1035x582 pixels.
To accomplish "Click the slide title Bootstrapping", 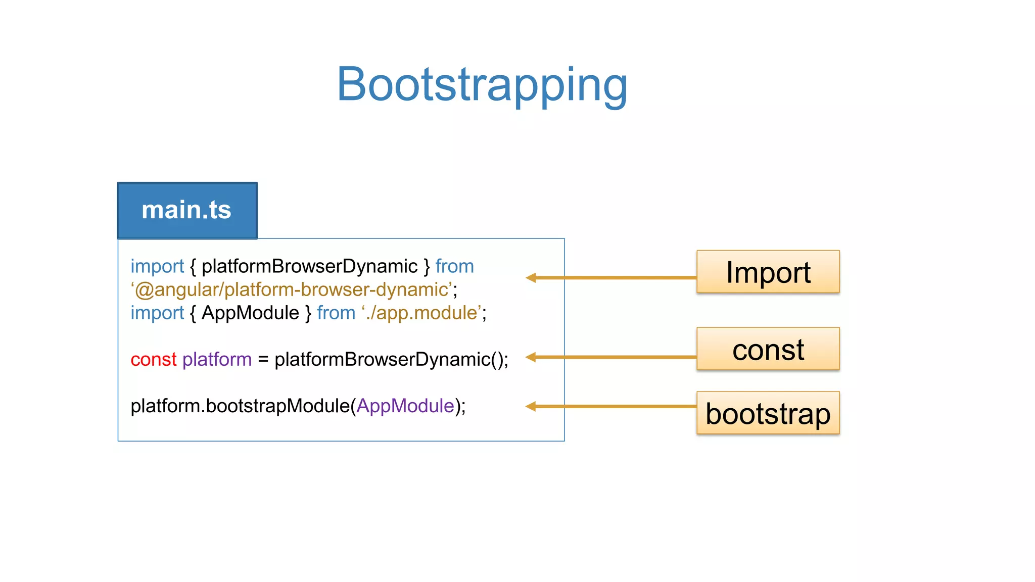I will point(482,85).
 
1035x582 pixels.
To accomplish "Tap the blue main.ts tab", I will point(187,210).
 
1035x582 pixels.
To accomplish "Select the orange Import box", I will point(768,272).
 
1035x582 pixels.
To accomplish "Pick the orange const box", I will point(768,349).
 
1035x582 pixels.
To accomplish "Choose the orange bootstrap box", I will point(768,413).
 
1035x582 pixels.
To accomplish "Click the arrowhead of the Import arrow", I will point(531,277).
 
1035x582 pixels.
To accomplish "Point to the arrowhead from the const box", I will point(531,357).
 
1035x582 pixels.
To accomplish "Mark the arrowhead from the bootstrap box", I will point(531,406).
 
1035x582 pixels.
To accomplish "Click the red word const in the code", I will point(153,360).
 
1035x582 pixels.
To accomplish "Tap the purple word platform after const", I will point(217,360).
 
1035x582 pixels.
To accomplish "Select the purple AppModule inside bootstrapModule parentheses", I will point(405,406).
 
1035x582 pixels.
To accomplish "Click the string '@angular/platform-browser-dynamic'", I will point(292,290).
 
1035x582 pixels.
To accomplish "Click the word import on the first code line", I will point(157,267).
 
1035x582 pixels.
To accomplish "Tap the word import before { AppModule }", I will point(157,313).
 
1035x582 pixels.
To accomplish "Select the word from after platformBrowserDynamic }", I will point(454,267).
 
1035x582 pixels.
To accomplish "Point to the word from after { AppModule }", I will point(336,313).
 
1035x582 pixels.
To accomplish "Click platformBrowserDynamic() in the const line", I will point(390,360).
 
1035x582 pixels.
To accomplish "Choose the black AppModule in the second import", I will point(250,313).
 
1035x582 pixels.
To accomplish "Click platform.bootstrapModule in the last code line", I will point(240,406).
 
